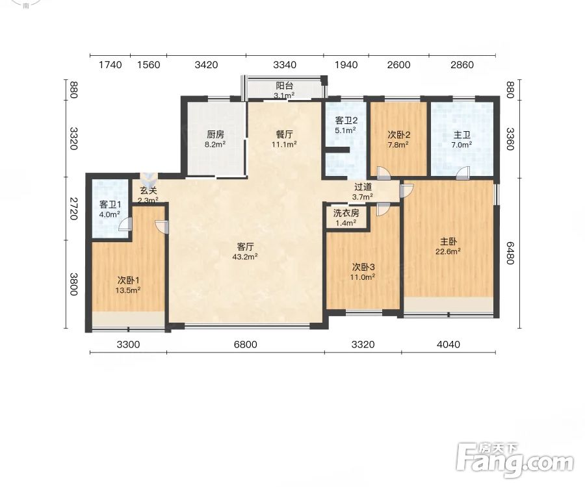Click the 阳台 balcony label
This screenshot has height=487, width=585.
[284, 86]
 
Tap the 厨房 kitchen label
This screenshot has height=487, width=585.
[215, 134]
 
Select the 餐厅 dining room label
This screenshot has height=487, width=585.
[284, 134]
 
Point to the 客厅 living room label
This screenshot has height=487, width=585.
[246, 247]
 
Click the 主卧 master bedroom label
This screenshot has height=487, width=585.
[448, 242]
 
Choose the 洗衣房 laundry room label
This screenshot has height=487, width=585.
[346, 213]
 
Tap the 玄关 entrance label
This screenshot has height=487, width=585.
[148, 191]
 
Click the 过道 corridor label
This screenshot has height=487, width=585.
[363, 187]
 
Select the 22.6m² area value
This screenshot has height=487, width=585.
[448, 251]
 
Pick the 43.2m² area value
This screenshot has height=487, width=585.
[245, 256]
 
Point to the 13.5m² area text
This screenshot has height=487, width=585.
[127, 290]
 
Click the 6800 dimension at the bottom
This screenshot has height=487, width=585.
[246, 344]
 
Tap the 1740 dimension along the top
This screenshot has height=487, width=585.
[110, 65]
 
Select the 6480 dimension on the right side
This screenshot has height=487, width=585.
[510, 253]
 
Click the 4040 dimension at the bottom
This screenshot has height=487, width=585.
[448, 344]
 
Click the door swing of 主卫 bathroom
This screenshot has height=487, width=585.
[463, 173]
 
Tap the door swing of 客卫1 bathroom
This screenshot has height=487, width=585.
[125, 224]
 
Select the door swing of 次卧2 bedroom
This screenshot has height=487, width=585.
[383, 173]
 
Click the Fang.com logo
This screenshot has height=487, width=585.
[515, 461]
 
